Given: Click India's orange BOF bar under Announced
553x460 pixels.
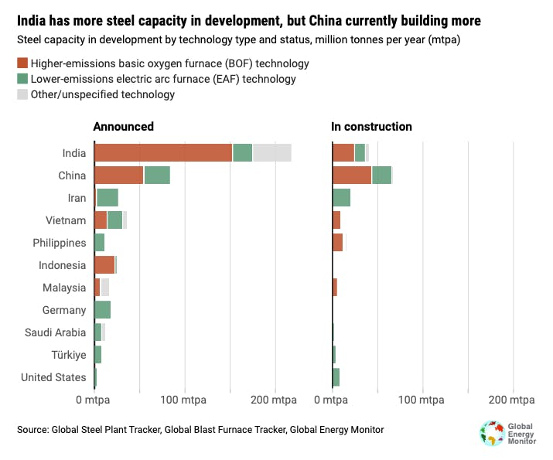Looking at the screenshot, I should pyautogui.click(x=163, y=153).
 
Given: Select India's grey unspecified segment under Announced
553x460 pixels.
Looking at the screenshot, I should pyautogui.click(x=271, y=153).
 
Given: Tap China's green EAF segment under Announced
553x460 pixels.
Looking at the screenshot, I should pyautogui.click(x=157, y=175).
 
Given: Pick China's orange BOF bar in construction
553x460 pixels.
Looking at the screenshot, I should pyautogui.click(x=352, y=175).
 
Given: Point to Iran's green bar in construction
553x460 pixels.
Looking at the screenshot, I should pyautogui.click(x=341, y=198).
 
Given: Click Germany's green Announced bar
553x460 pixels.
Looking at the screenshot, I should pyautogui.click(x=102, y=310).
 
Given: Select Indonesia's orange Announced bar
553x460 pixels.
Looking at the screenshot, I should pyautogui.click(x=104, y=265).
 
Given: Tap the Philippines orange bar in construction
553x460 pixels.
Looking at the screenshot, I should pyautogui.click(x=337, y=243).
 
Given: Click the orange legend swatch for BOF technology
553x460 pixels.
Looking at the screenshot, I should pyautogui.click(x=22, y=63).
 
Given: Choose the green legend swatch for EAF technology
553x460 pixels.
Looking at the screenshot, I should pyautogui.click(x=22, y=79).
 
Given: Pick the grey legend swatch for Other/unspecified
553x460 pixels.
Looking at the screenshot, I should pyautogui.click(x=22, y=94).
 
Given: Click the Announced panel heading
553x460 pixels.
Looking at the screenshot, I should pyautogui.click(x=123, y=127).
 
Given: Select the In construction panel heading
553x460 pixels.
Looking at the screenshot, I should pyautogui.click(x=371, y=127).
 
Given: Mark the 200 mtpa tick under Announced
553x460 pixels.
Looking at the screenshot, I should pyautogui.click(x=274, y=400).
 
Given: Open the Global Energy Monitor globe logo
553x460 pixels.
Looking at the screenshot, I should pyautogui.click(x=490, y=432).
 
